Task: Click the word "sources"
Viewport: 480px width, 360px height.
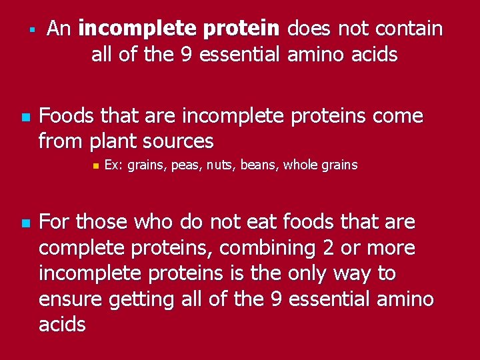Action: pyautogui.click(x=181, y=141)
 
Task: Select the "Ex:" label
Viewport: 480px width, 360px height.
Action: pyautogui.click(x=114, y=165)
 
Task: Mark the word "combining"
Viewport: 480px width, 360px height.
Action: pyautogui.click(x=257, y=248)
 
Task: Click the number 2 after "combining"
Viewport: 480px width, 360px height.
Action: pyautogui.click(x=309, y=248)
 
